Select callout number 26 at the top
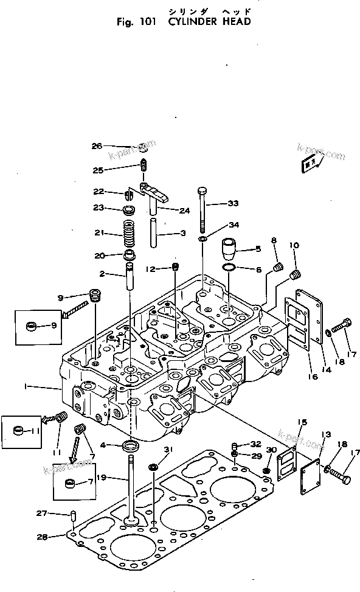(97, 145)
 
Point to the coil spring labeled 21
(129, 234)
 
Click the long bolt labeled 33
(201, 210)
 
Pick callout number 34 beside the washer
(234, 226)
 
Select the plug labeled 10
(297, 275)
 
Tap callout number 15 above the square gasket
(302, 422)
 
